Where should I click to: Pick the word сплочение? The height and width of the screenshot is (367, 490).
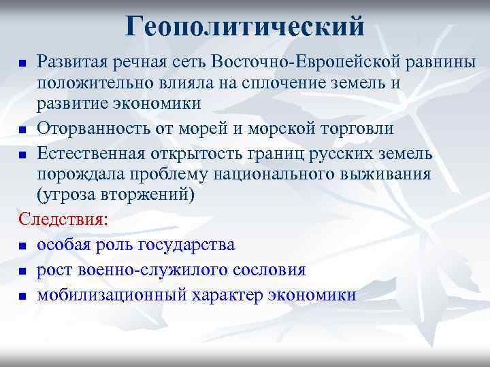(x=311, y=83)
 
